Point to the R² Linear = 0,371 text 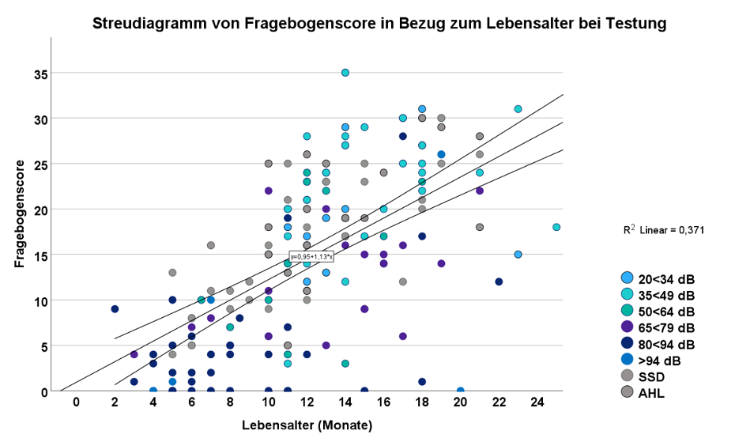point(663,229)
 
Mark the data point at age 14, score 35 point(345,73)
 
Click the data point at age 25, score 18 point(556,227)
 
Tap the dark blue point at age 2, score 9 point(115,309)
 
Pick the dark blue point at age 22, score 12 point(499,281)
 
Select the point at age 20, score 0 point(460,391)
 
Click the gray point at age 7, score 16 point(211,245)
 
